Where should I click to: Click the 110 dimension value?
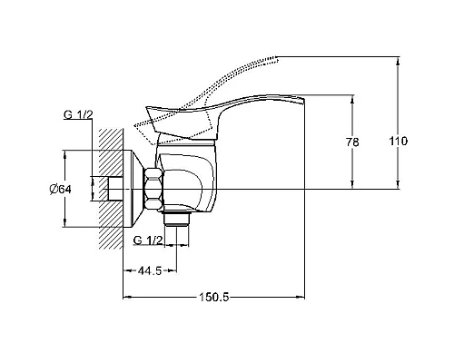tap(398, 142)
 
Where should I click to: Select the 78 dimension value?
tap(352, 142)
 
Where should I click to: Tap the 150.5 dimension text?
tap(213, 297)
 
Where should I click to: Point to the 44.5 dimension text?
tap(150, 270)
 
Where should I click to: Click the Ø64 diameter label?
tap(61, 190)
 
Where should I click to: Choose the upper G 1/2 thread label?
tap(78, 114)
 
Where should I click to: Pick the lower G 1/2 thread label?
tap(148, 240)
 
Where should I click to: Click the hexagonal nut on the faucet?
tap(154, 189)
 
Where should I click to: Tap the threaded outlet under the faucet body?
tap(177, 219)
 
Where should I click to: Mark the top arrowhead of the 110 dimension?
tap(398, 61)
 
